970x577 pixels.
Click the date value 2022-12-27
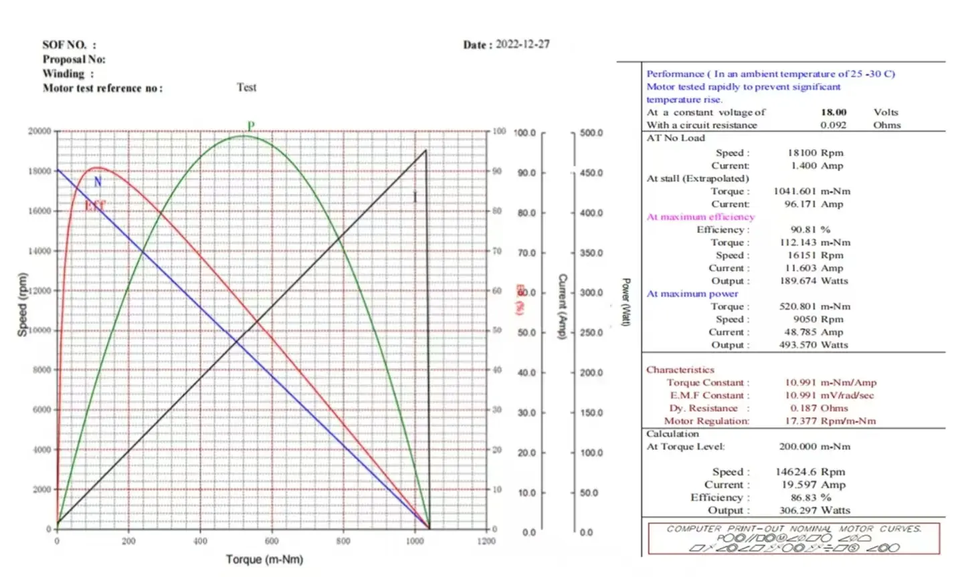[x=522, y=44]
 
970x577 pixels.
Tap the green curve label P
[x=251, y=126]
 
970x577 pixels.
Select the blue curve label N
[x=98, y=182]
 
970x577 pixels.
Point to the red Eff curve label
[x=95, y=206]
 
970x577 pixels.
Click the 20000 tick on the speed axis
[x=39, y=131]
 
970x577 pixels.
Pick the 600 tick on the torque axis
[x=272, y=541]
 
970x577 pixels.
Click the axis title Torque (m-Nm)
[x=264, y=559]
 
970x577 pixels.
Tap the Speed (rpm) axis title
[x=22, y=304]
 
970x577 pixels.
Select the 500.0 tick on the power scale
[x=591, y=133]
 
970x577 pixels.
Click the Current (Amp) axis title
[x=563, y=306]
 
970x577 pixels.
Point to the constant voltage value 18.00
[x=834, y=112]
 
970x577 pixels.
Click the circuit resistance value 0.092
[x=834, y=125]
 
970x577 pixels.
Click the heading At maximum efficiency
[x=700, y=217]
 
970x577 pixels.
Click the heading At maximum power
[x=692, y=294]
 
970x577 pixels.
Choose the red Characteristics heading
[x=680, y=370]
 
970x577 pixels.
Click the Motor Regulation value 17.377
[x=800, y=421]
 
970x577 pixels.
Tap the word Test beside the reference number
[x=246, y=88]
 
